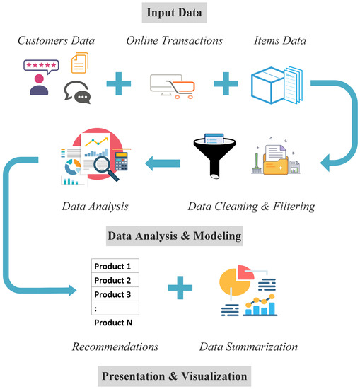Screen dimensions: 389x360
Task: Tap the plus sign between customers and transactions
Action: click(x=119, y=85)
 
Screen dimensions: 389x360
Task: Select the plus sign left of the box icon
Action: click(x=226, y=85)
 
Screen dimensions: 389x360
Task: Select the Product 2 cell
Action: click(x=114, y=280)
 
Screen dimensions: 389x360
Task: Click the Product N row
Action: click(x=114, y=323)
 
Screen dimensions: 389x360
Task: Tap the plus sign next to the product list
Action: click(x=181, y=289)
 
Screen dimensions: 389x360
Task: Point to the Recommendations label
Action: click(x=115, y=347)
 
